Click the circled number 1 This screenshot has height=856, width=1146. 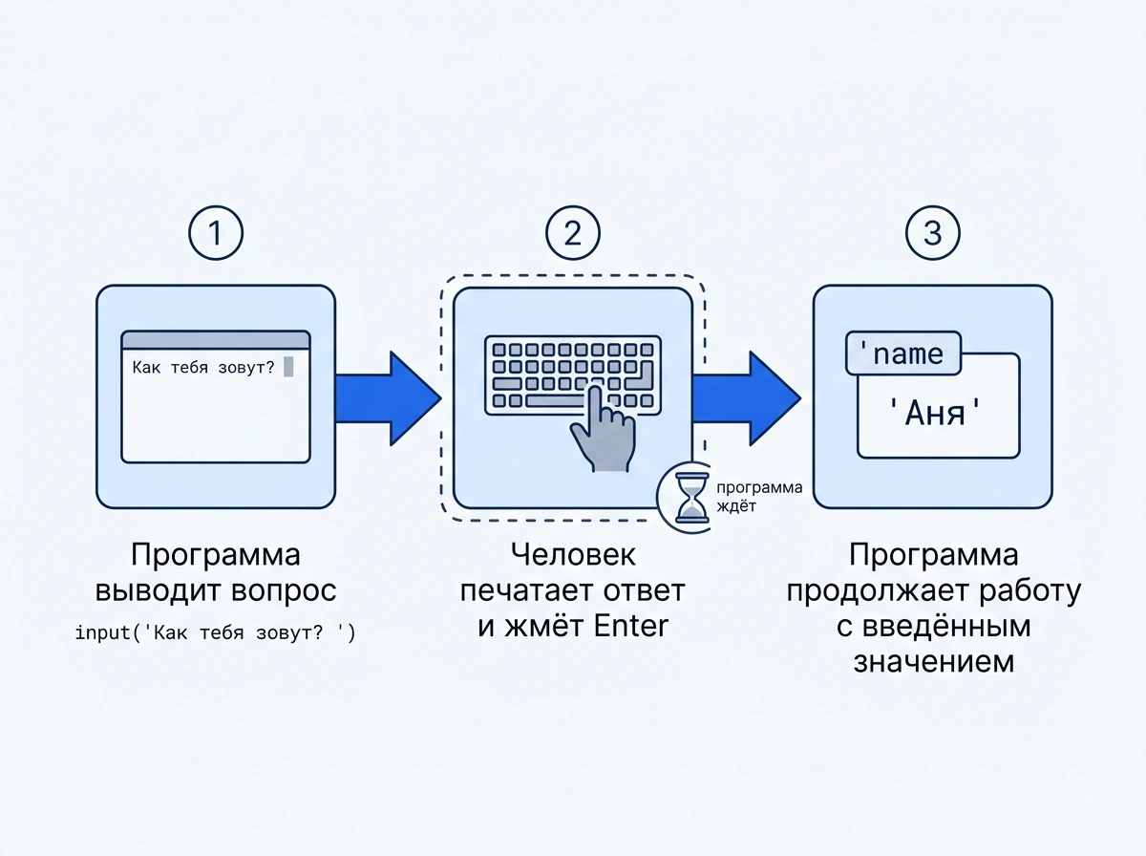pyautogui.click(x=216, y=233)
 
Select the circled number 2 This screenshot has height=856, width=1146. pyautogui.click(x=573, y=233)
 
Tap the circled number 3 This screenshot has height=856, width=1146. pyautogui.click(x=932, y=233)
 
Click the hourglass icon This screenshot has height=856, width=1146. pyautogui.click(x=691, y=498)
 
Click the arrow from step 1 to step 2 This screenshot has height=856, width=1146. pyautogui.click(x=389, y=398)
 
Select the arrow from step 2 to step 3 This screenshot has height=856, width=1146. pyautogui.click(x=747, y=398)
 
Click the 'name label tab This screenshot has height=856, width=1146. pyautogui.click(x=903, y=353)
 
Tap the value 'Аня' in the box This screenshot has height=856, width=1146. pyautogui.click(x=935, y=413)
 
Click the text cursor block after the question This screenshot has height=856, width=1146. pyautogui.click(x=288, y=367)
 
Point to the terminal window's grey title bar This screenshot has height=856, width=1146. pyautogui.click(x=216, y=340)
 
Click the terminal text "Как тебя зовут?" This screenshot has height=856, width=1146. pyautogui.click(x=203, y=367)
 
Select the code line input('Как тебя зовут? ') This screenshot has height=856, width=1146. pyautogui.click(x=215, y=633)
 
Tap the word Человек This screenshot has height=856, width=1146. pyautogui.click(x=573, y=554)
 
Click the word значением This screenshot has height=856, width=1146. pyautogui.click(x=934, y=661)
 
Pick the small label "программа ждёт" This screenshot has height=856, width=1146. pyautogui.click(x=759, y=497)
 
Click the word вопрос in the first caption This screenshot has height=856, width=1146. pyautogui.click(x=284, y=590)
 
